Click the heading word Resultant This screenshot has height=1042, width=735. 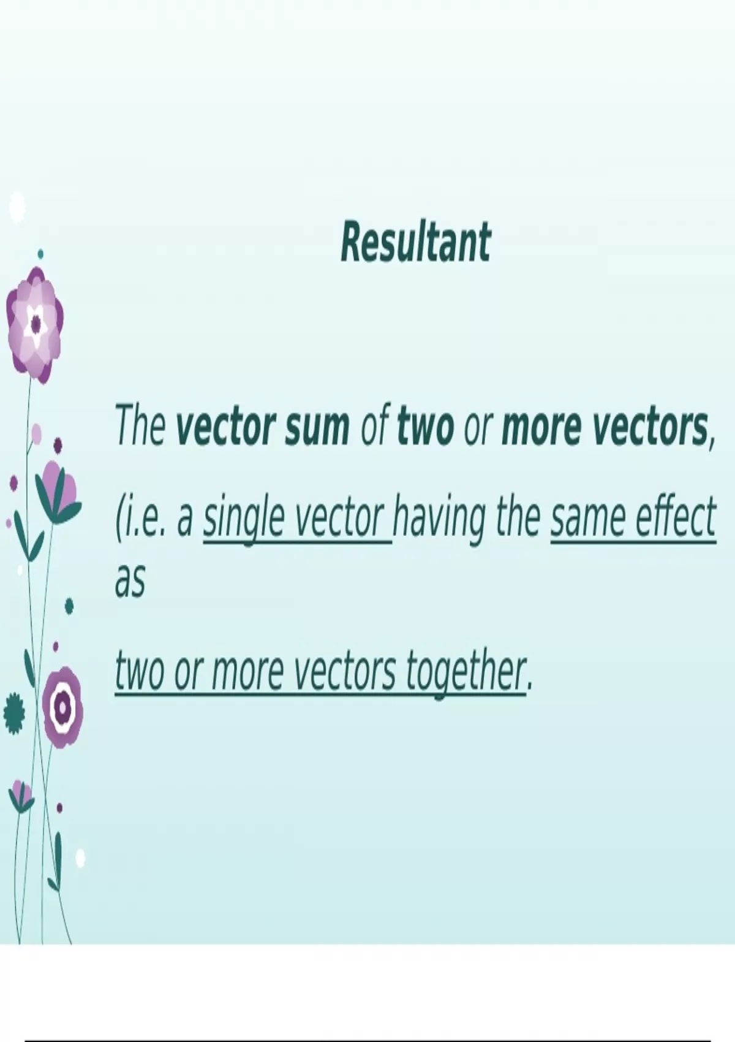pyautogui.click(x=416, y=242)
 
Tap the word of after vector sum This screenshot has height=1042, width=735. pyautogui.click(x=374, y=425)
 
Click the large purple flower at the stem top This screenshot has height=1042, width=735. pyautogui.click(x=35, y=325)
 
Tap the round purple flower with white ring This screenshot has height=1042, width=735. pyautogui.click(x=62, y=707)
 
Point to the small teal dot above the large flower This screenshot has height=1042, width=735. pyautogui.click(x=40, y=254)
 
